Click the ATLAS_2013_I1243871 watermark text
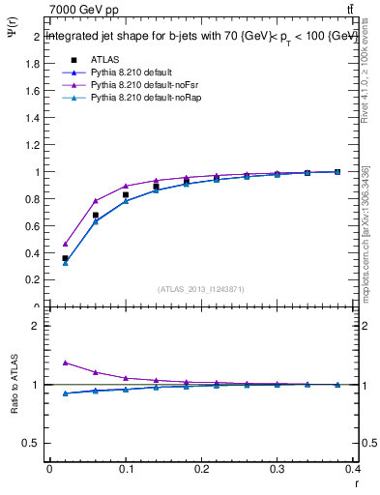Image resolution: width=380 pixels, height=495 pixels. pyautogui.click(x=201, y=289)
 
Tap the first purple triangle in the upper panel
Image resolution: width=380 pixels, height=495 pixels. pyautogui.click(x=65, y=244)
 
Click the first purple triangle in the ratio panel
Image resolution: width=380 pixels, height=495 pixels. pyautogui.click(x=65, y=363)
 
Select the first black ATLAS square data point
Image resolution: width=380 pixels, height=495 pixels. pyautogui.click(x=65, y=258)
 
